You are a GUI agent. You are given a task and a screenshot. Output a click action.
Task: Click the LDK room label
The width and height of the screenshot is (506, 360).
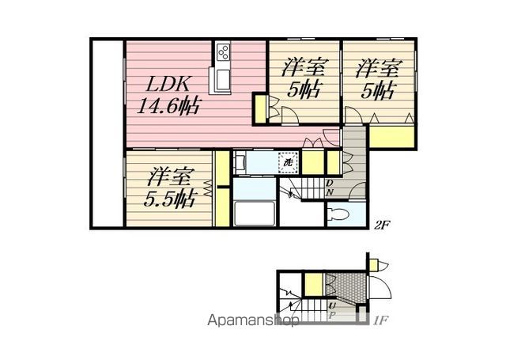click(168, 85)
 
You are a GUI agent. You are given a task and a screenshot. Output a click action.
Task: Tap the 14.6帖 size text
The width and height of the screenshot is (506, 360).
click(169, 105)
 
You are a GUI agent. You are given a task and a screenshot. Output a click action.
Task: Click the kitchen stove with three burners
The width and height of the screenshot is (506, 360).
click(223, 51)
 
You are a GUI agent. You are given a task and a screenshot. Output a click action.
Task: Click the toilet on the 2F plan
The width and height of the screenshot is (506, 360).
click(338, 214)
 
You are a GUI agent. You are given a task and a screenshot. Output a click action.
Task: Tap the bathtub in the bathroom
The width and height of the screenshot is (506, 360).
click(255, 213)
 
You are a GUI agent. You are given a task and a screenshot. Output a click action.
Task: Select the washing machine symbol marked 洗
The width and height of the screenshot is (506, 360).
click(288, 162)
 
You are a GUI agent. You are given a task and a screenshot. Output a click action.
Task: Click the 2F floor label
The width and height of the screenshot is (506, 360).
click(381, 225)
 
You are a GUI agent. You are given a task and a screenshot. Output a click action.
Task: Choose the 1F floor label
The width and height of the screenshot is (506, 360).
click(381, 320)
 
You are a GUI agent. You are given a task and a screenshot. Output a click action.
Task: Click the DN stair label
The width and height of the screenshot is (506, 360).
click(329, 188)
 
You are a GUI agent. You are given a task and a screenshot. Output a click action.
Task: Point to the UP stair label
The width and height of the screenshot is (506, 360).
click(331, 310)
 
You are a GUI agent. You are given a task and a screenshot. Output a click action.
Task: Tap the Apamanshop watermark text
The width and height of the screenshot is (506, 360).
click(253, 320)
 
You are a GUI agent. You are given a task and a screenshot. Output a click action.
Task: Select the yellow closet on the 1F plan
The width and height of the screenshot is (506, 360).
click(314, 284)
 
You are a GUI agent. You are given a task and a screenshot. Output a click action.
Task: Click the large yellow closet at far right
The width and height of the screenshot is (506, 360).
click(391, 137)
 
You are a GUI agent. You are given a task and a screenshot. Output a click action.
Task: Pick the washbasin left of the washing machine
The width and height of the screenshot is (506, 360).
click(239, 161)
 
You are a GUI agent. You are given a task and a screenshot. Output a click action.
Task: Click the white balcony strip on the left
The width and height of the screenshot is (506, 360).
click(108, 133)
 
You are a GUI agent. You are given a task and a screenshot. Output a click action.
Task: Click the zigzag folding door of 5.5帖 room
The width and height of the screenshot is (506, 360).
click(208, 188)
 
